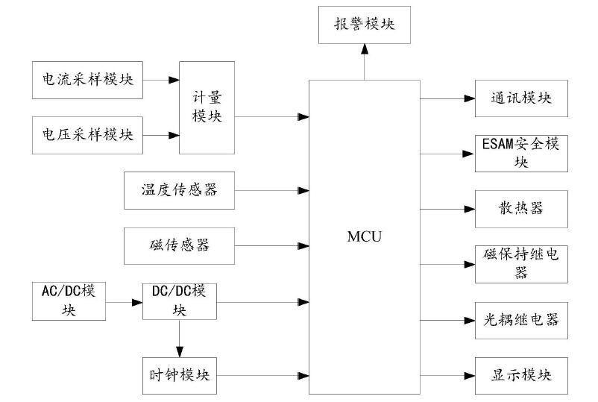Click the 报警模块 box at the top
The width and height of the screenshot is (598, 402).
[x=363, y=23]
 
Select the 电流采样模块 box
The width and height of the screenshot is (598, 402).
[x=87, y=81]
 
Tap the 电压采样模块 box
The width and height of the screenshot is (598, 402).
[x=87, y=135]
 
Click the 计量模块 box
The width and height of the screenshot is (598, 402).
[x=207, y=107]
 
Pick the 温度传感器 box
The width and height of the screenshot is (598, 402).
[x=180, y=189]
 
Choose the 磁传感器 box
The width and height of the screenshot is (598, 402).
[x=180, y=244]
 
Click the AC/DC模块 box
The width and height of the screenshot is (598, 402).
[x=69, y=301]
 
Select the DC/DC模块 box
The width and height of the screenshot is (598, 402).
[x=180, y=301]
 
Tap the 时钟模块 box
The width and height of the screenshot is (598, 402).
[x=180, y=374]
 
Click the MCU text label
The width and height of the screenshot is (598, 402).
[x=365, y=236]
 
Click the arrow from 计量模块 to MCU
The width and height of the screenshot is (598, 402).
[x=272, y=116]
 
